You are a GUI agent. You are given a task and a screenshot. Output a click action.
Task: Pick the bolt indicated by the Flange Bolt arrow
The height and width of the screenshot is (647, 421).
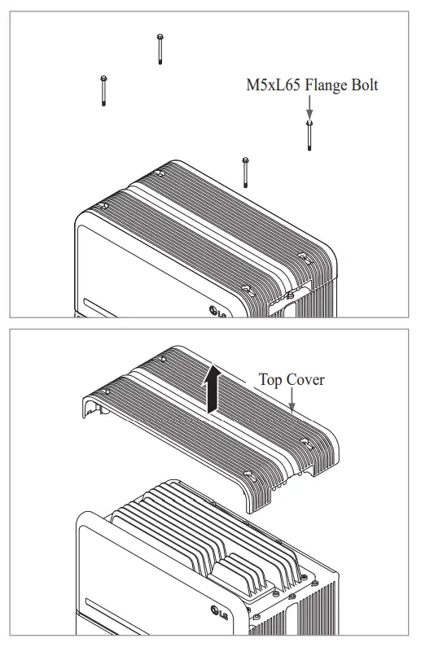click(309, 134)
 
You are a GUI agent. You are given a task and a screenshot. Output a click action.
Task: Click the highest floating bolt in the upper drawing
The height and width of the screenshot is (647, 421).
click(160, 49)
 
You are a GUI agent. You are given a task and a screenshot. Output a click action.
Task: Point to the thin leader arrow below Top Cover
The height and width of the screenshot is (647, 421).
click(292, 399)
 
